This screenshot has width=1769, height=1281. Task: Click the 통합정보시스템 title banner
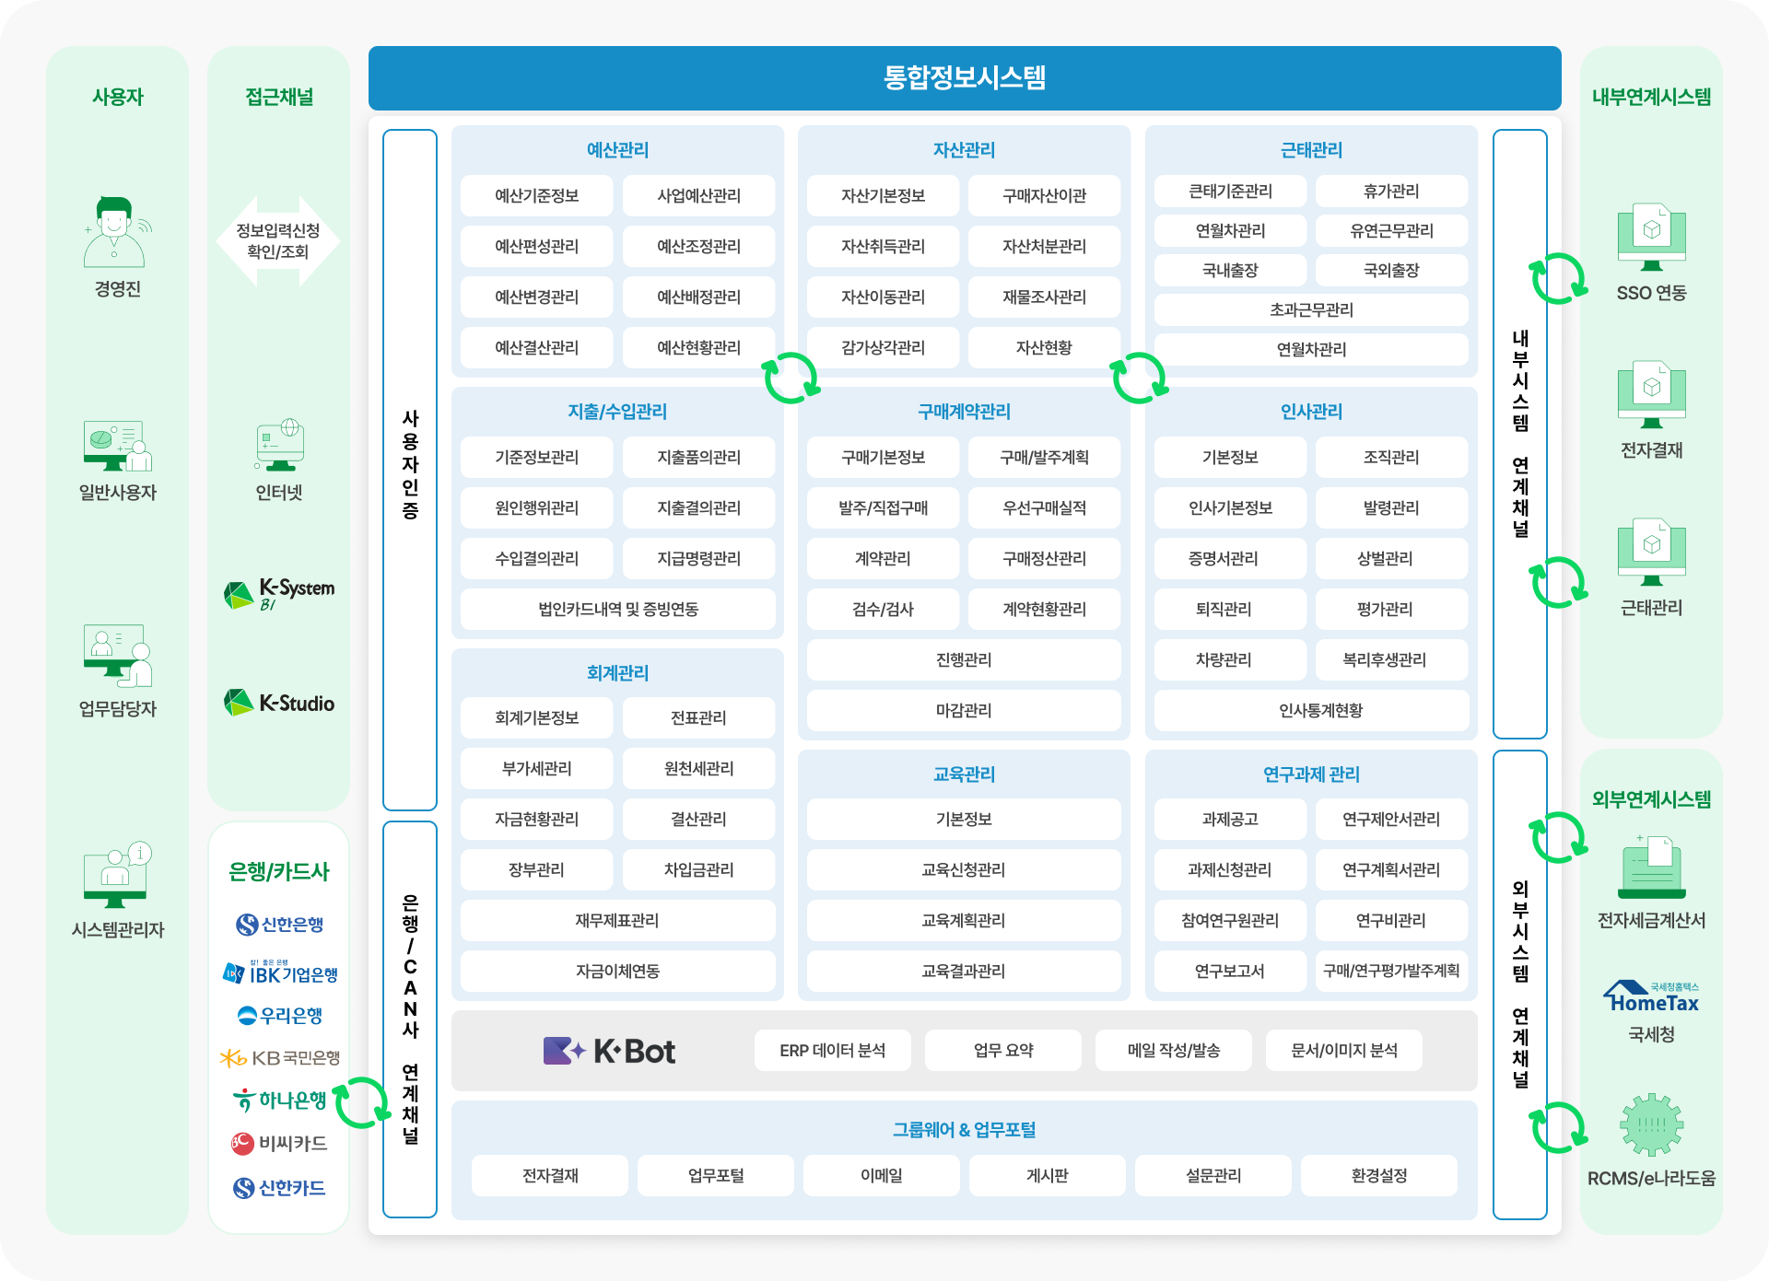point(965,77)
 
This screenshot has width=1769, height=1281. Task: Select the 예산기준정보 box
point(536,195)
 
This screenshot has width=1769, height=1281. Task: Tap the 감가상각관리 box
point(883,347)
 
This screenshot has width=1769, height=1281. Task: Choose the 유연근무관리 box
point(1391,230)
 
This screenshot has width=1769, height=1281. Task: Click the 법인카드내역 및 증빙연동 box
point(617,609)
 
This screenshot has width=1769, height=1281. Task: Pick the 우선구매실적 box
point(1044,507)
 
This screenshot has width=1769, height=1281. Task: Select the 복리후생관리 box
point(1391,659)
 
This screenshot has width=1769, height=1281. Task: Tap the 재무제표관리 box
point(617,920)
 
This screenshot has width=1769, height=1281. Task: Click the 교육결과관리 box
point(964,971)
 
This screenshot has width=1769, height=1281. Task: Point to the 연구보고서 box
point(1230,971)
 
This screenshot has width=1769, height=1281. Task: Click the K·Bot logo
point(609,1051)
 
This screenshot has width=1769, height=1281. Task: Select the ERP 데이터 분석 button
point(832,1051)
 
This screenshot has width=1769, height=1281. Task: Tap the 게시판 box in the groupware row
point(1048,1175)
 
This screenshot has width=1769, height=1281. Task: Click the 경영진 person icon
point(114,231)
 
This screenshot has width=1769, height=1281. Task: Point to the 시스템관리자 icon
point(117,875)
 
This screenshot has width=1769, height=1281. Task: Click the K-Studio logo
point(279,703)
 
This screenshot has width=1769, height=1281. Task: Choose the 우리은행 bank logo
point(279,1015)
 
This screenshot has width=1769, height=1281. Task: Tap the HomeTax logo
point(1651,997)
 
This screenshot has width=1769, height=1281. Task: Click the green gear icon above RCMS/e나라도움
point(1651,1124)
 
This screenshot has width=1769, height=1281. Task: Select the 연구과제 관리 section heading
point(1311,774)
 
